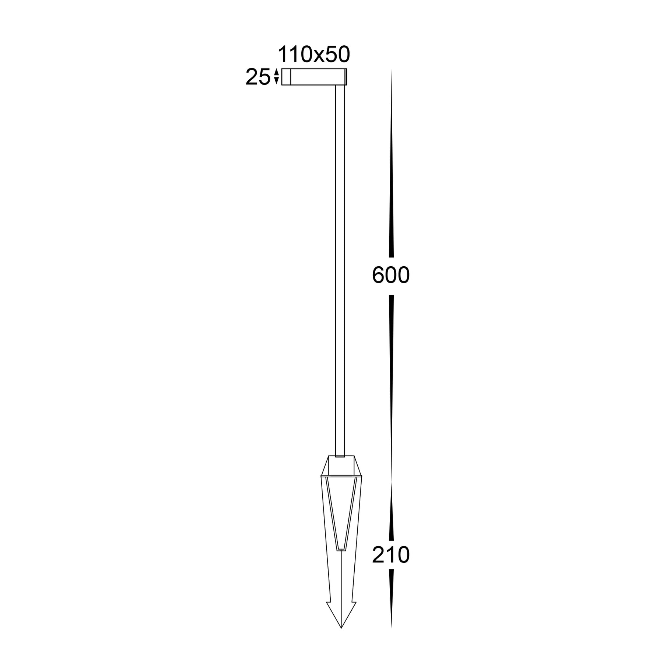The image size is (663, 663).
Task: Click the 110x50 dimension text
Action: [x=313, y=55]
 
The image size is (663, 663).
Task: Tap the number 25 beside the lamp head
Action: [x=257, y=78]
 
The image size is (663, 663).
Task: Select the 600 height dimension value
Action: [x=391, y=276]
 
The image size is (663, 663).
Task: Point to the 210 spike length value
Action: [x=391, y=555]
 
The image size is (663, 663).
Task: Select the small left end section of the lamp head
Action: [x=286, y=77]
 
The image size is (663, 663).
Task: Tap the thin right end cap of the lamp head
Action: [x=346, y=77]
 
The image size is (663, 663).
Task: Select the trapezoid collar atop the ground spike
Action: [x=341, y=466]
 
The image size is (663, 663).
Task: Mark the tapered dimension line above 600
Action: [x=391, y=166]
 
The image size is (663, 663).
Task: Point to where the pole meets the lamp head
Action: [x=340, y=86]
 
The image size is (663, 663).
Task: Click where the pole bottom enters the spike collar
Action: [x=340, y=456]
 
